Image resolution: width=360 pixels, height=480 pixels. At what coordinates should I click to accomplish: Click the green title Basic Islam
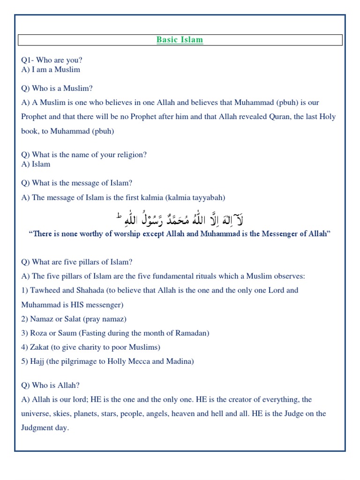coord(180,40)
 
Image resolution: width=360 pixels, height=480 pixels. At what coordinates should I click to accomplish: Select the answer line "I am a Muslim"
coord(55,69)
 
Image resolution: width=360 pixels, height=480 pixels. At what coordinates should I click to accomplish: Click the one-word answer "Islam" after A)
coord(41,164)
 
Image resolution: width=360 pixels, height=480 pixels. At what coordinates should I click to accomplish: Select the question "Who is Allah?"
coord(51,385)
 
